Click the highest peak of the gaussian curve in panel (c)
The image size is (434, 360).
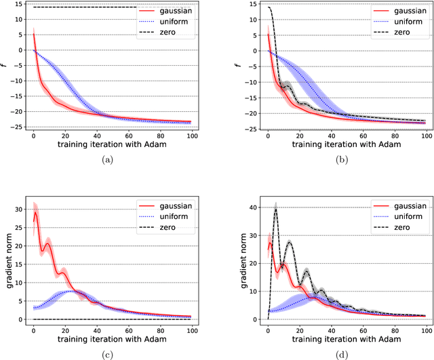point(35,212)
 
